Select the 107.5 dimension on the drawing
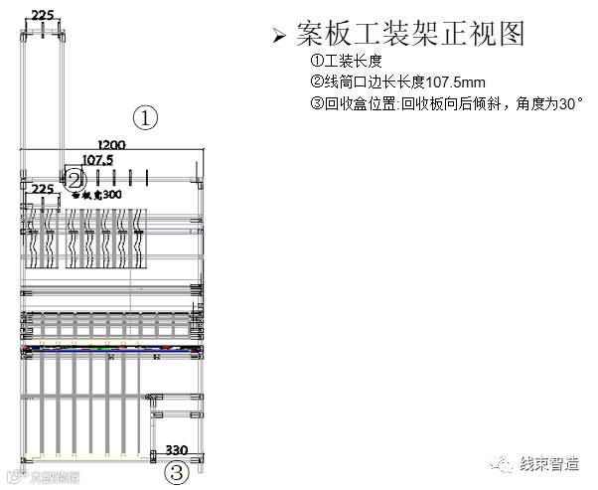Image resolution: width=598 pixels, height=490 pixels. (97, 159)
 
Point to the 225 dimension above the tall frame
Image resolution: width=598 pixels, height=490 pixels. (44, 15)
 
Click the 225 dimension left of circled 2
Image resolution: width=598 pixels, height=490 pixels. (43, 188)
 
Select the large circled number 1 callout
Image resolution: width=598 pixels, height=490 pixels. (146, 118)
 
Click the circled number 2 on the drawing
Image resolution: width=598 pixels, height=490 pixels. (75, 179)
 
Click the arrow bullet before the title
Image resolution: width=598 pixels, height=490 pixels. (279, 38)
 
